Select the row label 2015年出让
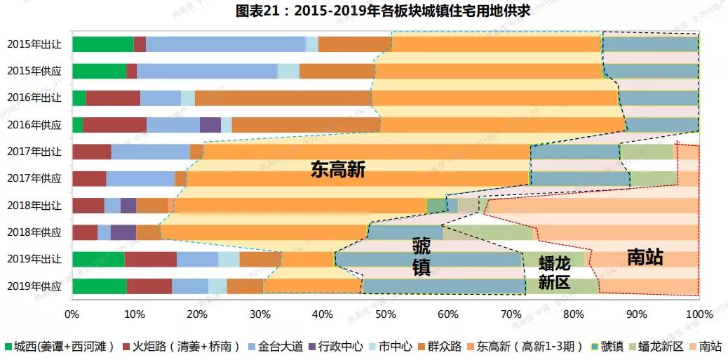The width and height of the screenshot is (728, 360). pos(34,44)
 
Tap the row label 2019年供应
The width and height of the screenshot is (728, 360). pos(34,286)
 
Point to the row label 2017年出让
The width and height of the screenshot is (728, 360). pos(34,152)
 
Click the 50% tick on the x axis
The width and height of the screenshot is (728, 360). pos(385,314)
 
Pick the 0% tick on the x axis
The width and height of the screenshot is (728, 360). pos(72,314)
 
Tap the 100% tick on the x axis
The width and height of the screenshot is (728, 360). pos(697,314)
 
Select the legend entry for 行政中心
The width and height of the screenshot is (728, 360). pos(339,346)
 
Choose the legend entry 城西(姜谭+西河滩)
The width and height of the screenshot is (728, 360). pos(60,346)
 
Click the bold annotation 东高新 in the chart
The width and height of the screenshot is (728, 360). pos(338,169)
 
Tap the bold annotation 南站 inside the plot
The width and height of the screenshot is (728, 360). pos(645,258)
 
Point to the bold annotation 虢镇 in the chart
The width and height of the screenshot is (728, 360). pos(422,257)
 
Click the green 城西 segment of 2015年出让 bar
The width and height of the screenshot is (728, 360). pos(102,44)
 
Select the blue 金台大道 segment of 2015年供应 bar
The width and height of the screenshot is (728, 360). pos(207,71)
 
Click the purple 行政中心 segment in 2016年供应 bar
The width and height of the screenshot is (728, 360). pos(210,125)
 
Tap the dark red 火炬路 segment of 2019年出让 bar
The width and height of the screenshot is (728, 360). pos(150,259)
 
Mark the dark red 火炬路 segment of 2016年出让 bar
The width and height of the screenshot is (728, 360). pos(113,98)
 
